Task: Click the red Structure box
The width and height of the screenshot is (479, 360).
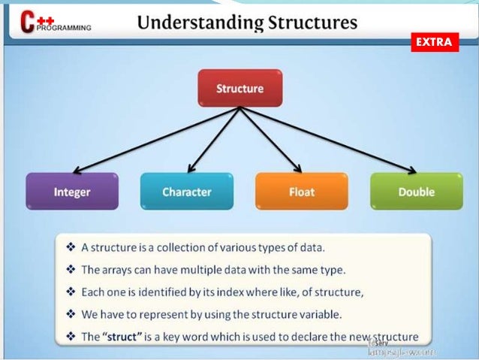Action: click(x=239, y=89)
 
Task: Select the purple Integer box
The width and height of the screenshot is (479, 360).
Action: click(x=72, y=192)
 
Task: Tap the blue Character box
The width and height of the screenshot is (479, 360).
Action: click(x=186, y=192)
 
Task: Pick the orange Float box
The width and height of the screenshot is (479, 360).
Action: click(x=301, y=192)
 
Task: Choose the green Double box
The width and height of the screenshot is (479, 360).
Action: click(x=416, y=192)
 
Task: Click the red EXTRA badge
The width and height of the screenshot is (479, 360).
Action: click(x=434, y=43)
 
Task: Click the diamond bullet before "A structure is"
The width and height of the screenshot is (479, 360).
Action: click(x=70, y=247)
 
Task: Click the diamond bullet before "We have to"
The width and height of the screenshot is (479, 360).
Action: click(x=70, y=313)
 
